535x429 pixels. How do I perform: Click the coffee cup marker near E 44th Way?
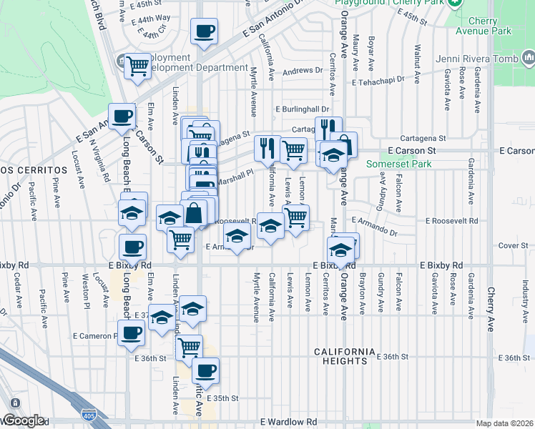(204, 31)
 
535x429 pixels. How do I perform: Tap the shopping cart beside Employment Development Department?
(137, 66)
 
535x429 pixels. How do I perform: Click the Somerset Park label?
(398, 164)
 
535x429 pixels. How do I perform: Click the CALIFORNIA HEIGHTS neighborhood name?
(344, 356)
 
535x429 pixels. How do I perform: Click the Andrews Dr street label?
(303, 71)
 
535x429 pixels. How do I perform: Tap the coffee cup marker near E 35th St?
(205, 371)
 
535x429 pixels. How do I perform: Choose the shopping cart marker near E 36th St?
(189, 347)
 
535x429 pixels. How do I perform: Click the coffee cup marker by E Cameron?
(130, 334)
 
